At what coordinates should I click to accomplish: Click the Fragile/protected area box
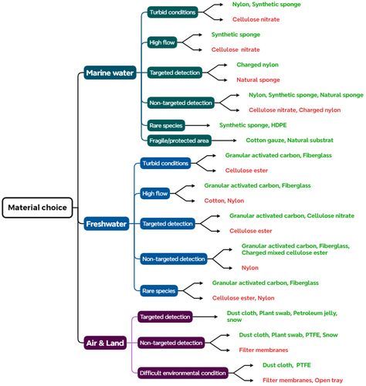point(179,140)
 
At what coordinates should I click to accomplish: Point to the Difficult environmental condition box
point(182,371)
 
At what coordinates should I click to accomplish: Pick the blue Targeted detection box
point(168,223)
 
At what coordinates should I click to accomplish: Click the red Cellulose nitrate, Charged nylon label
point(294,110)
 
